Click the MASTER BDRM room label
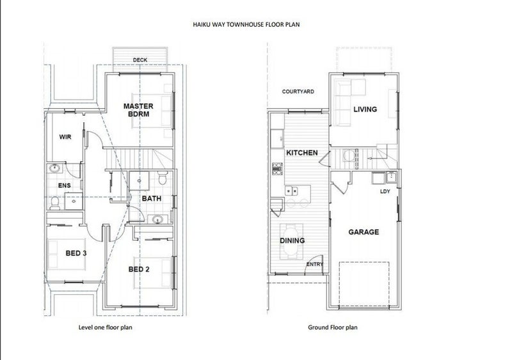pyautogui.click(x=138, y=110)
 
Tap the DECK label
pyautogui.click(x=140, y=60)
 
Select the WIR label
pyautogui.click(x=65, y=137)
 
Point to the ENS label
pyautogui.click(x=65, y=185)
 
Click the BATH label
pyautogui.click(x=152, y=198)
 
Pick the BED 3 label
pyautogui.click(x=76, y=253)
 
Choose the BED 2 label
pyautogui.click(x=139, y=269)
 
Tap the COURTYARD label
pyautogui.click(x=298, y=91)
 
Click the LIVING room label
pyautogui.click(x=365, y=109)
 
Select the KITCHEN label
pyautogui.click(x=302, y=153)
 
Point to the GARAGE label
pyautogui.click(x=364, y=232)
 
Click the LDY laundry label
pyautogui.click(x=385, y=191)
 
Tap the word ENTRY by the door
pyautogui.click(x=315, y=264)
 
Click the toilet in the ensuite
pyautogui.click(x=55, y=203)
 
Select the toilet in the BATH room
pyautogui.click(x=163, y=178)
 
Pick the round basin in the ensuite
pyautogui.click(x=54, y=168)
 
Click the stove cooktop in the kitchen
pyautogui.click(x=278, y=169)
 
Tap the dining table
pyautogui.click(x=292, y=242)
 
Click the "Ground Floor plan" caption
pyautogui.click(x=333, y=327)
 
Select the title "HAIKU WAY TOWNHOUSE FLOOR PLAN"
pyautogui.click(x=246, y=24)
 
